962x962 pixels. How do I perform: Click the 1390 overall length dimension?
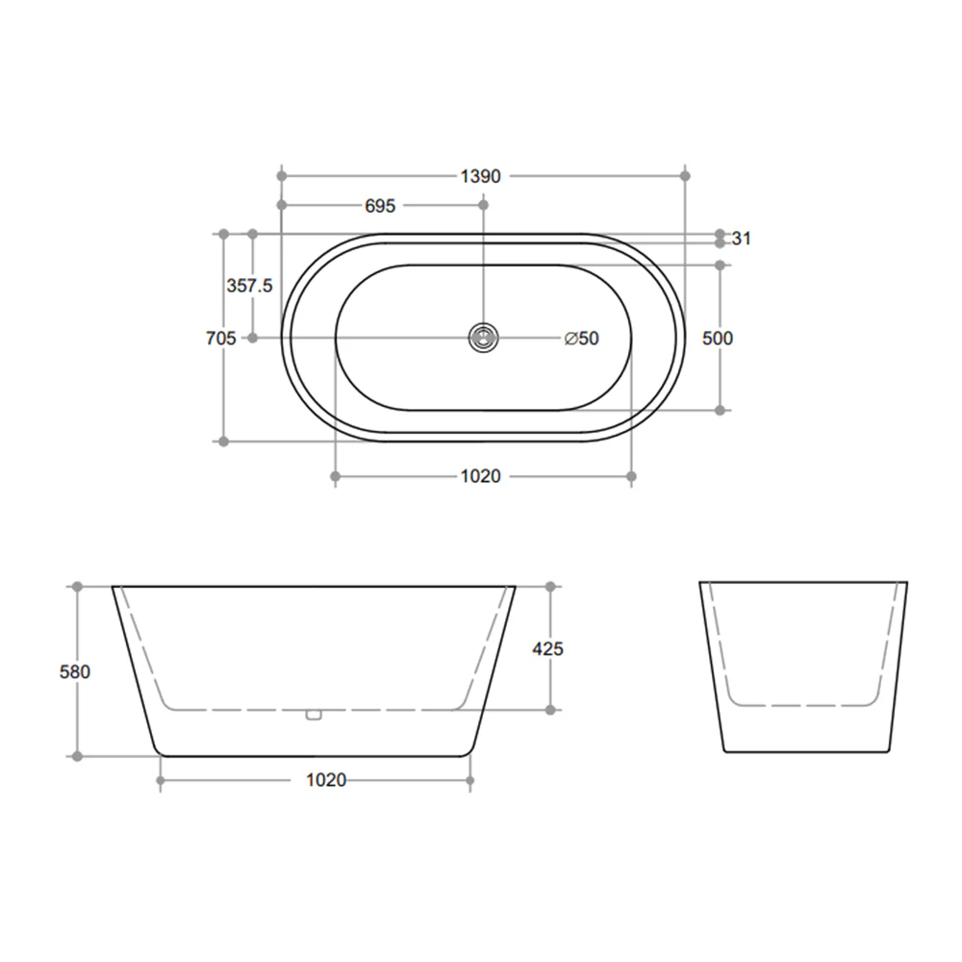coord(482,176)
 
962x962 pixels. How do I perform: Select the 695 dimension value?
coord(380,206)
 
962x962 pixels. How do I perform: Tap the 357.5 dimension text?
coord(250,286)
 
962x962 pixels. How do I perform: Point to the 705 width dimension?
coord(220,338)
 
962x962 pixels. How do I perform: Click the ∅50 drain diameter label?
coord(582,338)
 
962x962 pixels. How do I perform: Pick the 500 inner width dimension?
coord(718,338)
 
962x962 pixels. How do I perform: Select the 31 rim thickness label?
coord(741,239)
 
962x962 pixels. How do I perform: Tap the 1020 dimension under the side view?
coord(326,780)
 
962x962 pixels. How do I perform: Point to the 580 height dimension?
coord(74,671)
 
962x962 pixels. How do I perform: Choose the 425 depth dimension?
coord(547,648)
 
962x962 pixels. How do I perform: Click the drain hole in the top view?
coord(483,338)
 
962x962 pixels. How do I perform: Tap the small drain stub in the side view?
coord(312,714)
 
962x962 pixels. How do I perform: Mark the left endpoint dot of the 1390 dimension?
coord(282,176)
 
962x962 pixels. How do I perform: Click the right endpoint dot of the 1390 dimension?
coord(685,176)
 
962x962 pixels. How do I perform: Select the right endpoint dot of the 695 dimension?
coord(483,206)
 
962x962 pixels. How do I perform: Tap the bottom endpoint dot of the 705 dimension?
coord(223,442)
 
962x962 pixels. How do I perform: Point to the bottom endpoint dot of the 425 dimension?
coord(550,710)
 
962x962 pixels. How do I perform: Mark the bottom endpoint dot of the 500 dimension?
coord(721,410)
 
